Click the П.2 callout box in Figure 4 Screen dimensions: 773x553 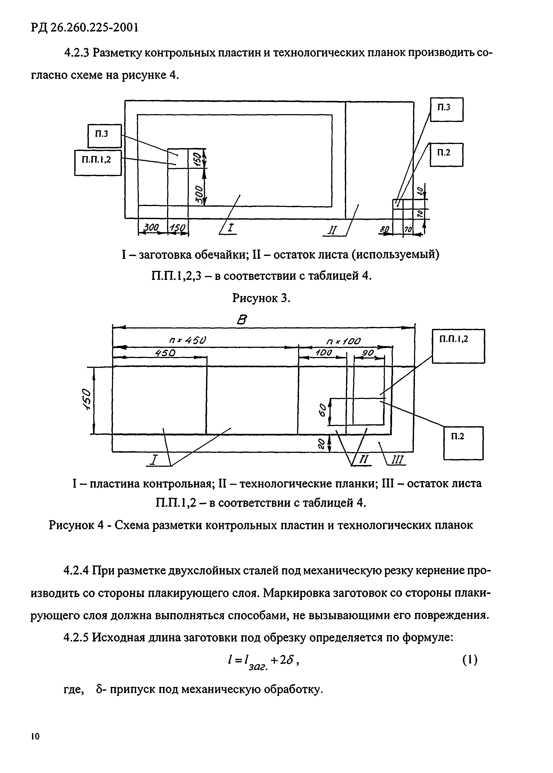tap(463, 443)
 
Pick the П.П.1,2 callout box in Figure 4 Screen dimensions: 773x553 tap(458, 346)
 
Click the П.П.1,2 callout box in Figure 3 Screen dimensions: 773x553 tap(98, 163)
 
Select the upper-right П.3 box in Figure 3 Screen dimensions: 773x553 tap(446, 109)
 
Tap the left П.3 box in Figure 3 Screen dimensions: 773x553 tap(104, 135)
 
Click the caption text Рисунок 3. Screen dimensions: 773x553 tap(261, 298)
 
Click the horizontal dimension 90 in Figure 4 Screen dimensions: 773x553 tap(368, 353)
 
